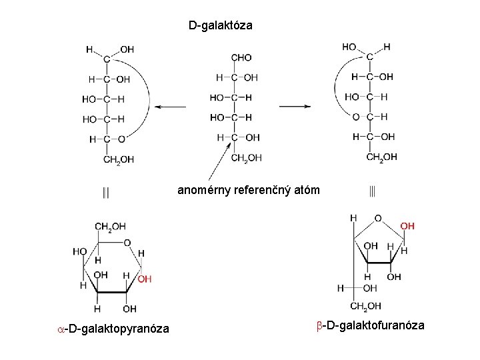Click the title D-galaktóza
coord(220,26)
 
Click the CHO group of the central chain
coord(241,58)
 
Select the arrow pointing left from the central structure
coord(174,107)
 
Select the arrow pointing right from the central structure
coord(295,106)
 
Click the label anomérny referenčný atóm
coord(249,191)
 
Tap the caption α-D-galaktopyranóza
coord(113,327)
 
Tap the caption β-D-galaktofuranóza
coord(370,325)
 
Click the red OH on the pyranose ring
coord(145,279)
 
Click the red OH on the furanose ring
coord(407,227)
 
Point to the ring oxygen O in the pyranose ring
coord(127,243)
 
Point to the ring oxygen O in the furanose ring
coord(378,218)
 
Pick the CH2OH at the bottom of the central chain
coord(246,157)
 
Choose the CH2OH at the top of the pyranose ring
coord(110,227)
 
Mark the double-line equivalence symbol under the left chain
coord(106,193)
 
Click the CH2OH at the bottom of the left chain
coord(118,159)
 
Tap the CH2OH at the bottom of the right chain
coord(381,157)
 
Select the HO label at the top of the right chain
coord(349,47)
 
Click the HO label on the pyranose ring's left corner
coord(80,251)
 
